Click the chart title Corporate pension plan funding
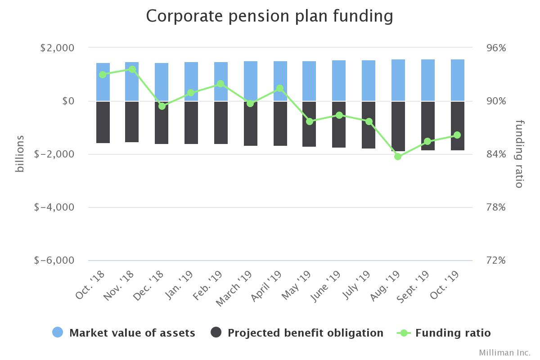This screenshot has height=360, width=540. pos(270,16)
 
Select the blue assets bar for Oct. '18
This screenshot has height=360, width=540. pos(103,82)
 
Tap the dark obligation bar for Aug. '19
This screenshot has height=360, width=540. pos(398,126)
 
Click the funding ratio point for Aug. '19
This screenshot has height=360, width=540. pos(398,157)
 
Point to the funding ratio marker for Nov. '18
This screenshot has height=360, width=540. pos(132,69)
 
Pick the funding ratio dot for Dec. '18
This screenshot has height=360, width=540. pos(162,106)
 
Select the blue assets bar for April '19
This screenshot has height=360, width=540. pos(280,81)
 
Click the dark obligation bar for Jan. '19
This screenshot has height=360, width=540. pos(191,122)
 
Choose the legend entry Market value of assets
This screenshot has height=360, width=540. pos(132,333)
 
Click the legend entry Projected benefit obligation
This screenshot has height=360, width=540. pos(305,333)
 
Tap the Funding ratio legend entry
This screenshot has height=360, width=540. pos(452,333)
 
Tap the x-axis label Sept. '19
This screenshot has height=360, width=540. pos(412,288)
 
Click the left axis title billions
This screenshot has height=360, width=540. pos(19,154)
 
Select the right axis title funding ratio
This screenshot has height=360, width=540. pos(520,154)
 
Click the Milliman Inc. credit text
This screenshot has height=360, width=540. pos(504,352)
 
